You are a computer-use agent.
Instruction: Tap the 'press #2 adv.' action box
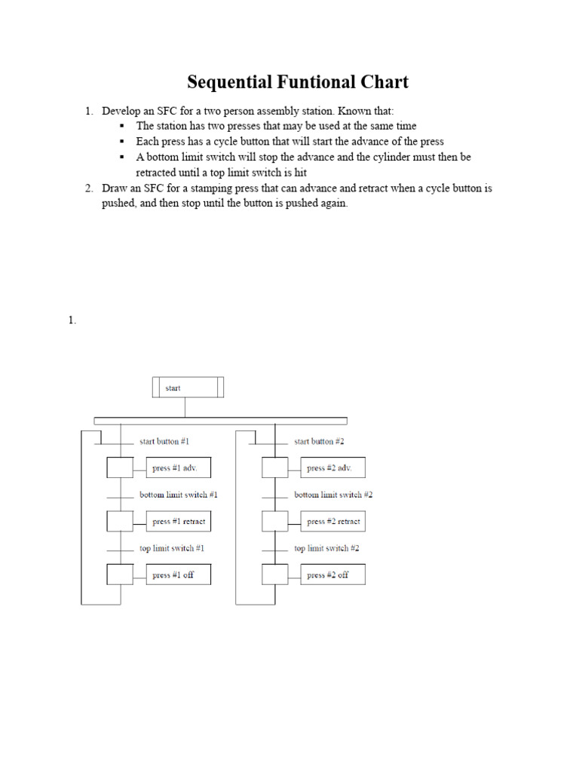click(332, 468)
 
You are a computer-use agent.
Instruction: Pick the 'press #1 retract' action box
click(178, 521)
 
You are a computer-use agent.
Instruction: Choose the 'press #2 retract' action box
click(332, 521)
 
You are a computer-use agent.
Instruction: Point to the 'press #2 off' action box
click(332, 574)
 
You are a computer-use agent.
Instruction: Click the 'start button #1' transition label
click(164, 441)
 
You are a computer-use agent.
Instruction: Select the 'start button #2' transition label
click(319, 441)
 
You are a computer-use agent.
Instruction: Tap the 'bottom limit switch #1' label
click(178, 495)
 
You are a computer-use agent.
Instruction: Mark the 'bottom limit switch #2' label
click(333, 495)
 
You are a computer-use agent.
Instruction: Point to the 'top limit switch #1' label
click(172, 548)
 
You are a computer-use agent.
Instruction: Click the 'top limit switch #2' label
click(326, 548)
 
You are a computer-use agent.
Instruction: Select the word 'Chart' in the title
click(383, 81)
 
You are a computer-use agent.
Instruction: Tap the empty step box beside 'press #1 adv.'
click(120, 468)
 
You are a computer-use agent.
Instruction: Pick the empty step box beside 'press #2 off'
click(275, 574)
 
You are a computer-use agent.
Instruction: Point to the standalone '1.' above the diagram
click(72, 320)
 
